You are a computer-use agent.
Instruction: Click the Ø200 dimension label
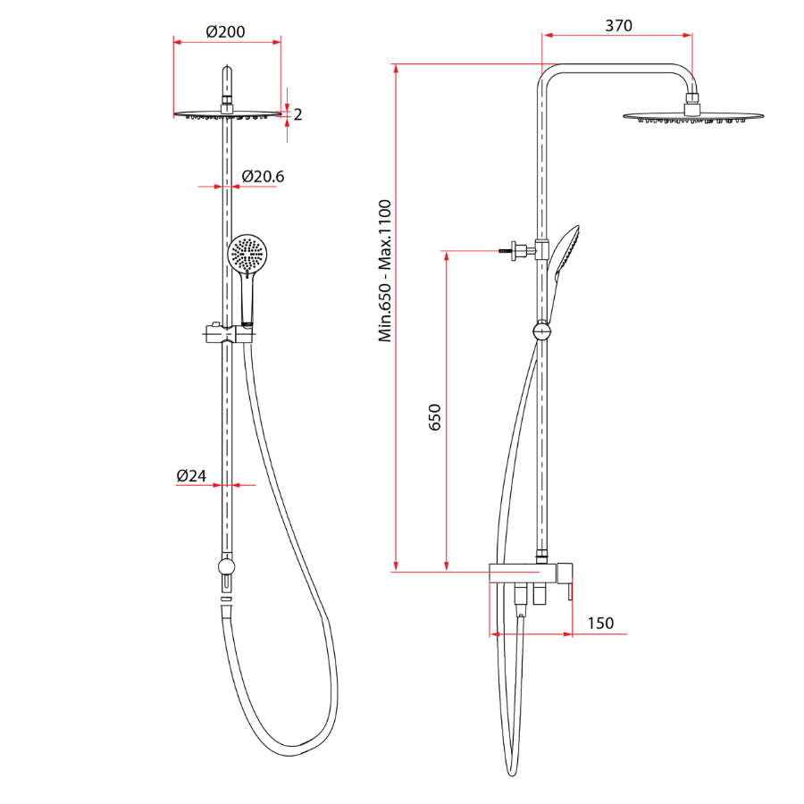pos(225,31)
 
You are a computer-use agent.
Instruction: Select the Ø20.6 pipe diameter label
pos(263,177)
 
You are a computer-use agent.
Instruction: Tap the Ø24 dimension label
pos(191,476)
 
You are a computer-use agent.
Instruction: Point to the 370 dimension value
pos(618,26)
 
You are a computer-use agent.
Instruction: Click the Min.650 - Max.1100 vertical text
pos(385,271)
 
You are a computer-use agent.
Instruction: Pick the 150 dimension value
pos(600,623)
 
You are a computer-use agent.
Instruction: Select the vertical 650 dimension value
pos(435,417)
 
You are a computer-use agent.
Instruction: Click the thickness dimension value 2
pos(297,114)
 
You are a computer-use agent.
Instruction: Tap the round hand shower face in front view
pos(247,254)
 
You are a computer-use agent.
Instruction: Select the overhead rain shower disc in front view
pos(227,114)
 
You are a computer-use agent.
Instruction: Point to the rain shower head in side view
pos(694,118)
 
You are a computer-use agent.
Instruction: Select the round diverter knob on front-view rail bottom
pos(227,566)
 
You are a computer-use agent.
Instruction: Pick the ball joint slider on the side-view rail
pos(542,331)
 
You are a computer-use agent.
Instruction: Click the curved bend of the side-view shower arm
pos(549,73)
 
